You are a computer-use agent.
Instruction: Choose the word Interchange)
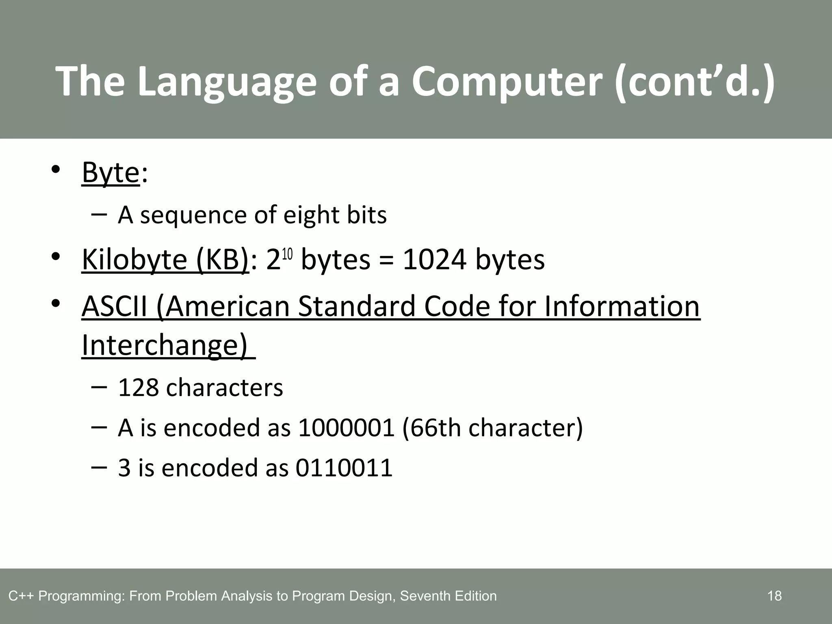[x=164, y=346]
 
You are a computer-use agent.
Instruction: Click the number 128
[x=138, y=388]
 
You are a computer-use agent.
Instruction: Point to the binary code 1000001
[x=346, y=428]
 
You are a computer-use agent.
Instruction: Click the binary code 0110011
[x=344, y=468]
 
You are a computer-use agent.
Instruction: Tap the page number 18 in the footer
[x=774, y=596]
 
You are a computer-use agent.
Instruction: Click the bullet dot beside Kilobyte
[x=56, y=257]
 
